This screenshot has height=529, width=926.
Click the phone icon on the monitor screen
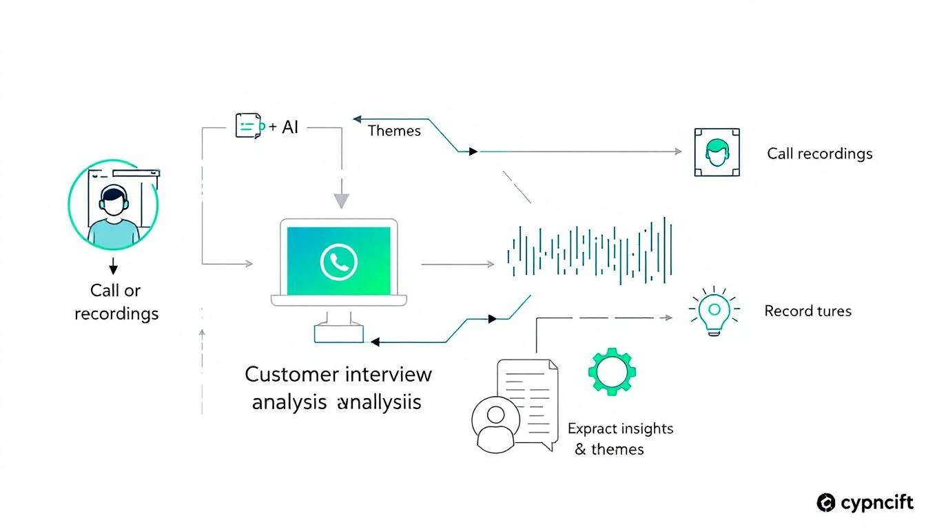(x=338, y=262)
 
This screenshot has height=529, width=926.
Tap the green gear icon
(x=611, y=372)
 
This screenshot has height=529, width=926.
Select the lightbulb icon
(x=714, y=311)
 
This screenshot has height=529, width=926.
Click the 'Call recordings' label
(x=819, y=154)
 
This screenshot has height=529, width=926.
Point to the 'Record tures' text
(x=807, y=311)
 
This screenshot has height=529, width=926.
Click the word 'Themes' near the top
(x=394, y=130)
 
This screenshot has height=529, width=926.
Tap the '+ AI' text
(x=284, y=127)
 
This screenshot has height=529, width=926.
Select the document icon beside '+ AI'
(x=249, y=125)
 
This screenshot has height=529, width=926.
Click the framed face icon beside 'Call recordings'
(x=717, y=152)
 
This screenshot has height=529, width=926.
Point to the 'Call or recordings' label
(x=116, y=302)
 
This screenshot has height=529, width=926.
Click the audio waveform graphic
(x=589, y=251)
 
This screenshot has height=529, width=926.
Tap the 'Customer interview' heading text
(x=338, y=374)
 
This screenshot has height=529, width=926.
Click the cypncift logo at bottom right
(x=865, y=503)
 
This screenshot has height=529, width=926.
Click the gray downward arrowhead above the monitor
(x=341, y=200)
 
